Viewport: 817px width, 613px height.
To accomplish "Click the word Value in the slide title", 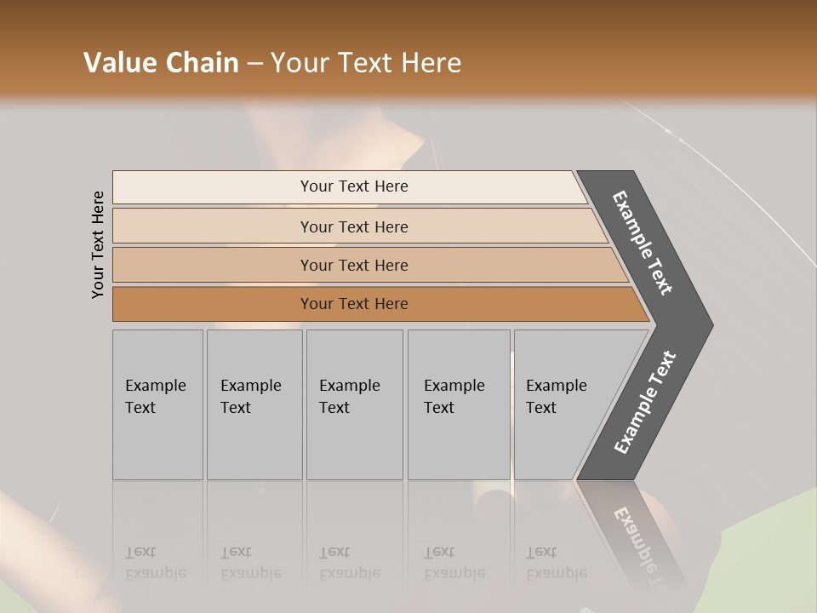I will click(x=117, y=63).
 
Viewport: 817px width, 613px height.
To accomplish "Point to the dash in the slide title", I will click(x=254, y=64).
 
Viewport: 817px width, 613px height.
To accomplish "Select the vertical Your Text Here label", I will click(x=98, y=244).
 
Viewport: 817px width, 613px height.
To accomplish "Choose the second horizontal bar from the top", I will click(x=354, y=226).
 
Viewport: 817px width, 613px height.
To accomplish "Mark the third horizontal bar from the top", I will click(x=354, y=265).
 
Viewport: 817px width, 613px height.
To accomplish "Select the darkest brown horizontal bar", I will click(x=354, y=304).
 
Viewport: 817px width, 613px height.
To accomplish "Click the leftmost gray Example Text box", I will click(x=157, y=404).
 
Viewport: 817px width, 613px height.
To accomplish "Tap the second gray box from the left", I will click(x=254, y=404).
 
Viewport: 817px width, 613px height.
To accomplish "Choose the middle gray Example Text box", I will click(x=354, y=404).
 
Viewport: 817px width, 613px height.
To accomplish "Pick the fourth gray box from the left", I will click(x=459, y=404).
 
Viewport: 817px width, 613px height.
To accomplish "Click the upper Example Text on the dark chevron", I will click(x=643, y=243).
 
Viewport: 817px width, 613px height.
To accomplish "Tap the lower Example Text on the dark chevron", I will click(x=644, y=403).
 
